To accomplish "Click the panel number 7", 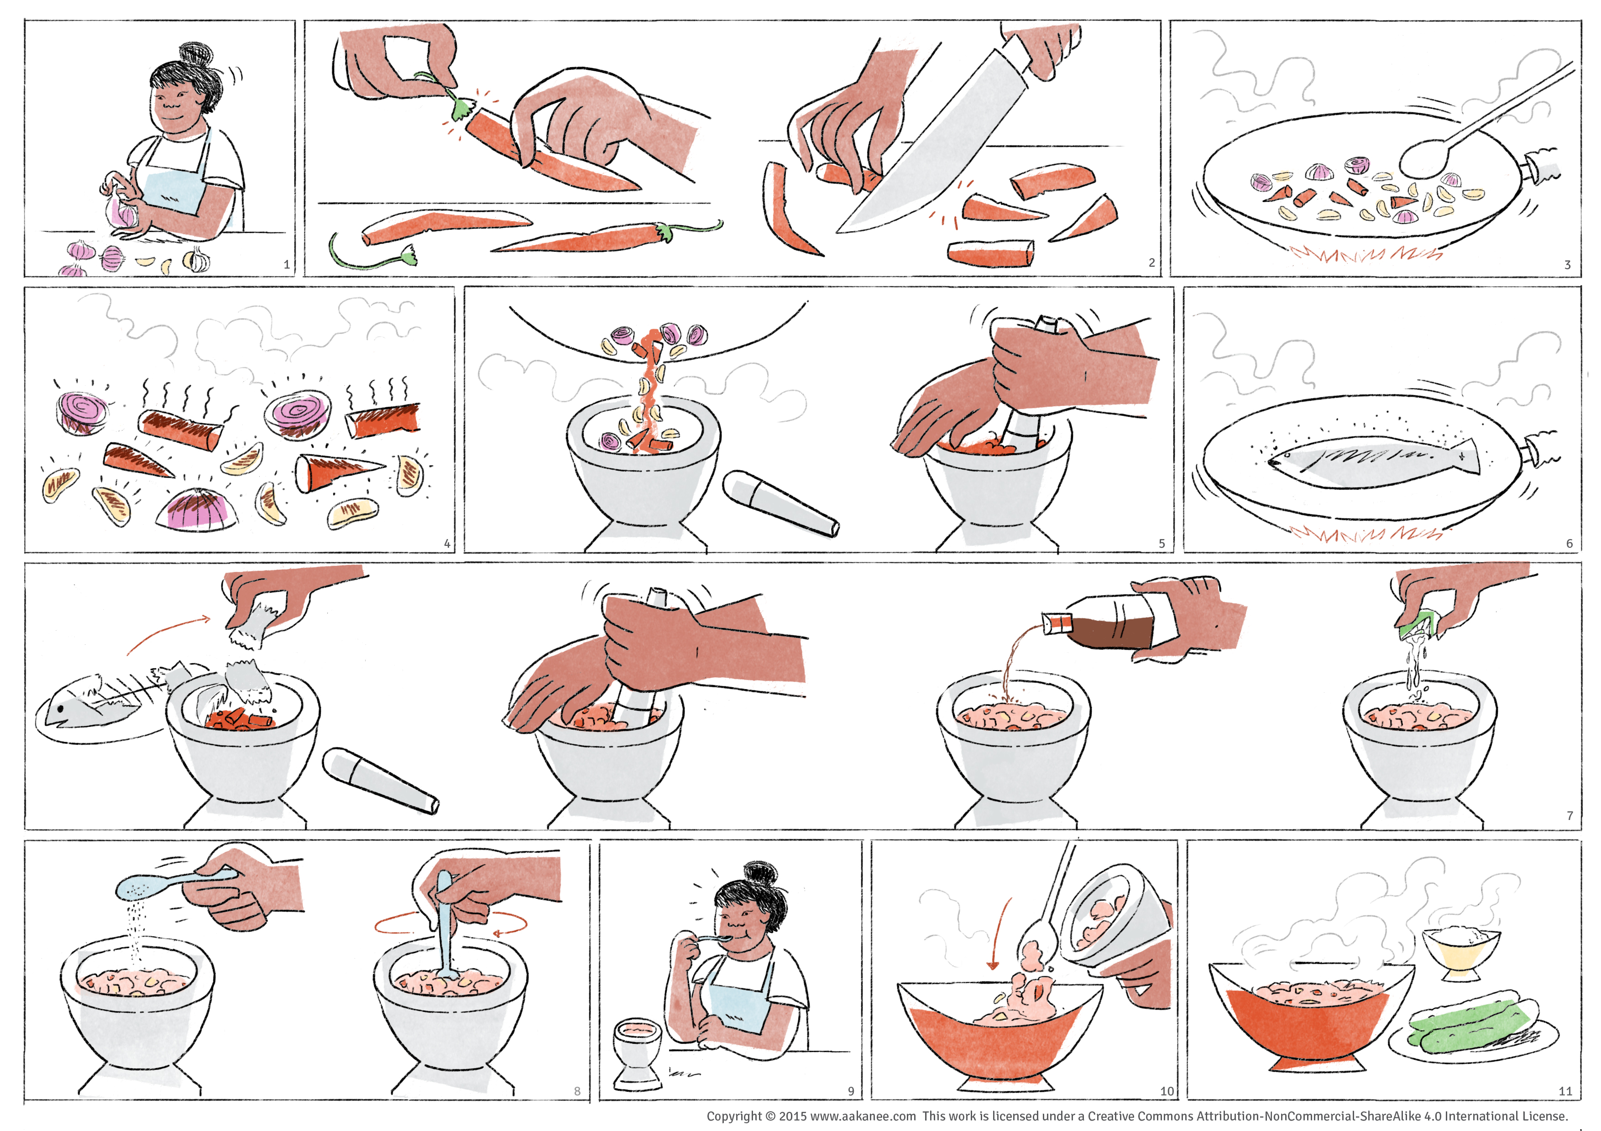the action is point(1570,815).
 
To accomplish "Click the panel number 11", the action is point(1565,1090).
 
